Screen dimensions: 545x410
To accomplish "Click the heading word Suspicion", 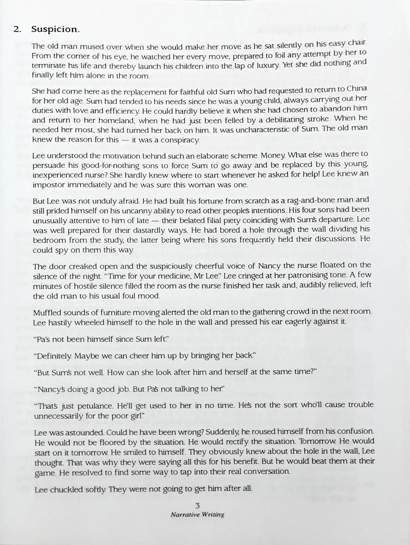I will coord(55,30).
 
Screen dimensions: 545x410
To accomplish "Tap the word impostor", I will coord(49,185).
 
